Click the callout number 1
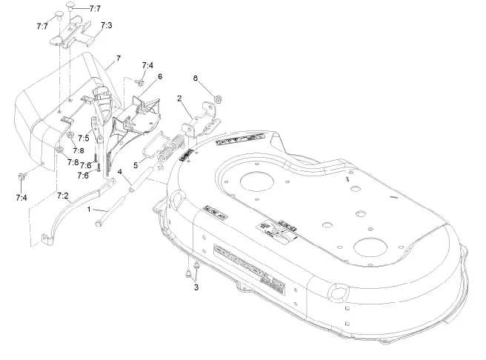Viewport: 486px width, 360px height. point(90,209)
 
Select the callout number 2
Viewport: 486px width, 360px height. point(179,98)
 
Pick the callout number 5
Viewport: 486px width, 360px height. point(135,164)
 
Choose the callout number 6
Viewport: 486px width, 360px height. point(159,76)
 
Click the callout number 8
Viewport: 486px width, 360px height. point(196,78)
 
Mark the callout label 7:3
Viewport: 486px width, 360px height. point(106,25)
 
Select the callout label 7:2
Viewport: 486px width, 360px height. point(63,196)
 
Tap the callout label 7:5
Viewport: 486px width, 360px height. point(84,138)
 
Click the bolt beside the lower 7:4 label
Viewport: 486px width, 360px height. point(22,177)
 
